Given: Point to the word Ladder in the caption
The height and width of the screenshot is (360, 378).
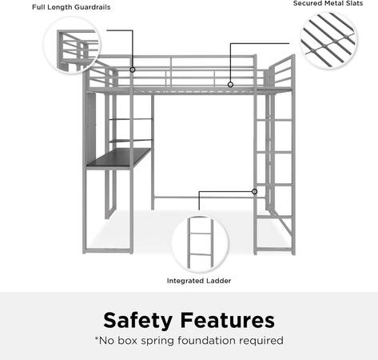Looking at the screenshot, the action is [219, 281].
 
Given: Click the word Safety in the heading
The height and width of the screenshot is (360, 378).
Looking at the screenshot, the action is [137, 320].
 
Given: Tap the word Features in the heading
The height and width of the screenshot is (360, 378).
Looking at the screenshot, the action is [228, 320].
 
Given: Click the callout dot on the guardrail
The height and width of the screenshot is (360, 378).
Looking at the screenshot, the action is [133, 70].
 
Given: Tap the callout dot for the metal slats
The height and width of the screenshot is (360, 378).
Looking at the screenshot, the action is [230, 85].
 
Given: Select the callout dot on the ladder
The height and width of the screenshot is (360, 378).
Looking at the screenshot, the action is [254, 191].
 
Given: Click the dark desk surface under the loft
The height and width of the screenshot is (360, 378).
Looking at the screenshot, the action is [119, 158].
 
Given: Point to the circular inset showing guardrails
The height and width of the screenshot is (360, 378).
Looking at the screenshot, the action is [72, 45].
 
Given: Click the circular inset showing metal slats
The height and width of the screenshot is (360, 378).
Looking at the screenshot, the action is [329, 41].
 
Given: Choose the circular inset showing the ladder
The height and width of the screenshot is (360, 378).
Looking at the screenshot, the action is [200, 244].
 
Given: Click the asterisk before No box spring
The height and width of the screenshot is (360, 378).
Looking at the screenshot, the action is [97, 338].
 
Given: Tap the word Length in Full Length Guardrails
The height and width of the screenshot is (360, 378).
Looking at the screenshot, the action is [58, 7].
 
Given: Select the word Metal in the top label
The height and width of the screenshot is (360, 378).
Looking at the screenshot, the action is [332, 3].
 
